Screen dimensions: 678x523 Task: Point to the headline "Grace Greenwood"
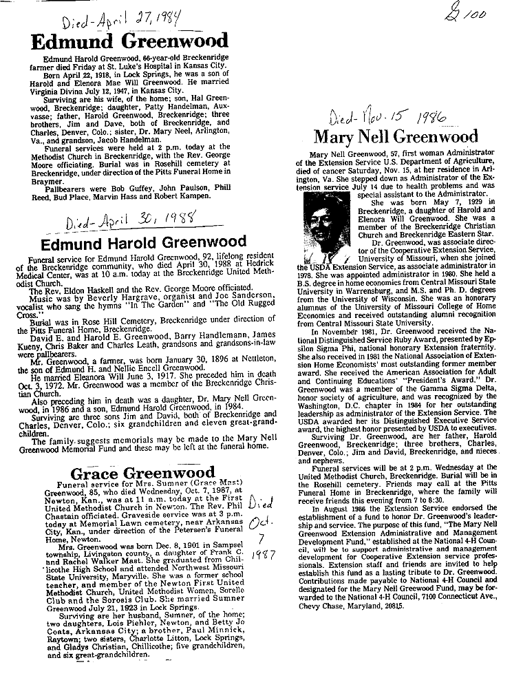tap(143, 474)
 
